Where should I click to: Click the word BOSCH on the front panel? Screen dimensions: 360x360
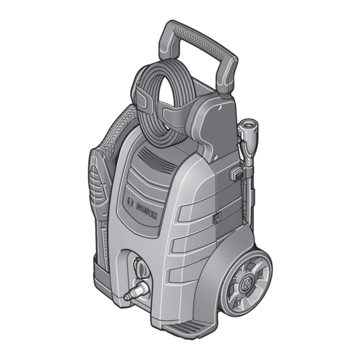pyautogui.click(x=147, y=212)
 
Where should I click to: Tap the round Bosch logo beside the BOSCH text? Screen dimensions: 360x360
pyautogui.click(x=130, y=203)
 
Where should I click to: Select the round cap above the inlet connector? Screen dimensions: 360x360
pyautogui.click(x=141, y=267)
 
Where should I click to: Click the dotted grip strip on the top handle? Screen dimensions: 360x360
pyautogui.click(x=199, y=42)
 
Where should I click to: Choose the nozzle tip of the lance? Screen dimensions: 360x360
pyautogui.click(x=248, y=125)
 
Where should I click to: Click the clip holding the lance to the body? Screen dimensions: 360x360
pyautogui.click(x=237, y=174)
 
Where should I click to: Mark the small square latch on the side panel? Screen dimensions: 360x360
pyautogui.click(x=217, y=218)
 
